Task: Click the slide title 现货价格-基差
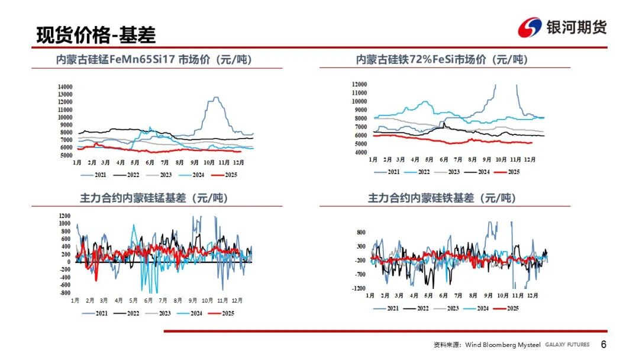96,35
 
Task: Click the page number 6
603,345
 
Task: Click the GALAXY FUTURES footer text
567,345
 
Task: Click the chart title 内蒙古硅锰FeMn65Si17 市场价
157,60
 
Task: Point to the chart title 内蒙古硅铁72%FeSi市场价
442,60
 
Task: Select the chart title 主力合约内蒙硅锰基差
154,198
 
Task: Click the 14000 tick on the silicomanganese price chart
64,86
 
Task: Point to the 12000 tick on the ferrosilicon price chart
360,85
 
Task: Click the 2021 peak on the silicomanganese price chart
216,97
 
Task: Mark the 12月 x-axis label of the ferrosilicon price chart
531,160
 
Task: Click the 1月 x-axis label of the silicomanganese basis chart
76,301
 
